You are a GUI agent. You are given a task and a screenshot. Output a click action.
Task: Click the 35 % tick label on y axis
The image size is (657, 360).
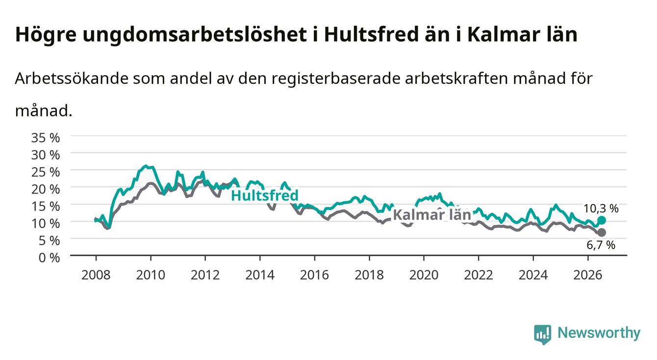[x=46, y=138]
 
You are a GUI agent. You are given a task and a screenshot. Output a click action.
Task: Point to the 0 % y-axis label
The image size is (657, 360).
[x=49, y=257]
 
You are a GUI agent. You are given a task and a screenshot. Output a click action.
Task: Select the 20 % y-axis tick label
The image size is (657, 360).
[x=46, y=189]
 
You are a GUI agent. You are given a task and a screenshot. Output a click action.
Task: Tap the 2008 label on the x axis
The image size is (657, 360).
[x=96, y=275]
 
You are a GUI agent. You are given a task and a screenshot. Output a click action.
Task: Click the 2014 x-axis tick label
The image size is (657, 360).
[x=260, y=275]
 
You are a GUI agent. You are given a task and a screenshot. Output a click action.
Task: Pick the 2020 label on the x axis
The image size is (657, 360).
[x=424, y=275]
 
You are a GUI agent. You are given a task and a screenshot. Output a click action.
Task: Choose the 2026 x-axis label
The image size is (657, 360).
[x=588, y=275]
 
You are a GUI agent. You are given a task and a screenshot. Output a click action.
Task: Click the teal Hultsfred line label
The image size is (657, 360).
[x=265, y=195]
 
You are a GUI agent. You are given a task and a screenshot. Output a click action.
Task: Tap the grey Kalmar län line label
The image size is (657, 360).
[x=432, y=215]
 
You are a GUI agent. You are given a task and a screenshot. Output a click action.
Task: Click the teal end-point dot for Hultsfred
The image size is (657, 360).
[x=602, y=220]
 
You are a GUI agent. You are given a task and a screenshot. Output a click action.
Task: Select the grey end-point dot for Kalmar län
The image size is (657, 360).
[x=602, y=232]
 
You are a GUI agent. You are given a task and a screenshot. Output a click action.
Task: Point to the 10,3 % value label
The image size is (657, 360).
[x=601, y=208]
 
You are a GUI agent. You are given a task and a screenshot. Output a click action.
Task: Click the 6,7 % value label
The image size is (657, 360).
[x=601, y=245]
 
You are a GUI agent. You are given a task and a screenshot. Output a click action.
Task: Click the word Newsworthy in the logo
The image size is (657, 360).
[x=599, y=333]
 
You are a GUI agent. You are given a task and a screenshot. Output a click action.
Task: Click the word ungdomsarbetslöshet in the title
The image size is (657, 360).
[x=195, y=35]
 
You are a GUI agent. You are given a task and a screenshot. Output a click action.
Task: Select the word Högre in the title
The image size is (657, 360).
[x=46, y=35]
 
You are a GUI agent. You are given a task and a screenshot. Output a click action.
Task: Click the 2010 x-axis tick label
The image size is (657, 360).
[x=151, y=275]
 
